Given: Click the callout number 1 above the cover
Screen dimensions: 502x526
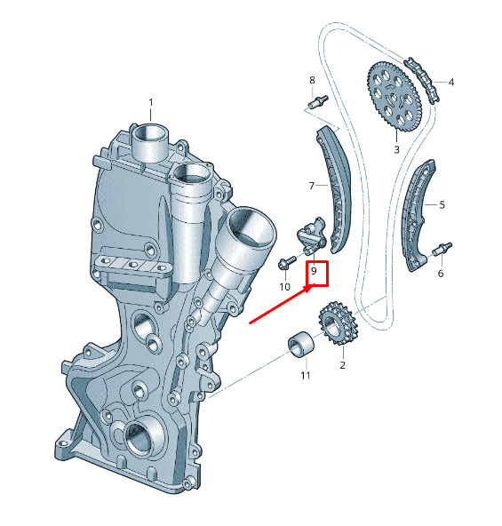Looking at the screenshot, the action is (x=151, y=102).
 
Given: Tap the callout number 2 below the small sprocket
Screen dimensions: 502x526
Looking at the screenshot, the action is (x=342, y=365).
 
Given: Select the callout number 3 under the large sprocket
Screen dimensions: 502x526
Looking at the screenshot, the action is (x=396, y=149).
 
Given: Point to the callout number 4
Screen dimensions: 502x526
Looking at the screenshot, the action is (x=451, y=82).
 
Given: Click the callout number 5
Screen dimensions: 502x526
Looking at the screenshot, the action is (x=442, y=204).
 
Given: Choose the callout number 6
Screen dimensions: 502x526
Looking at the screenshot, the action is (x=441, y=274).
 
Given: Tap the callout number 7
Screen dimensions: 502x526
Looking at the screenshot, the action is (x=312, y=186).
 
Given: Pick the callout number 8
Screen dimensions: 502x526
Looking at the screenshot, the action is (x=313, y=80).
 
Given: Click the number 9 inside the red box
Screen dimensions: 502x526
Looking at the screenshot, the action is (x=315, y=271).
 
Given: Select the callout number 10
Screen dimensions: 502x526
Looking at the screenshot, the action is (x=284, y=287).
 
